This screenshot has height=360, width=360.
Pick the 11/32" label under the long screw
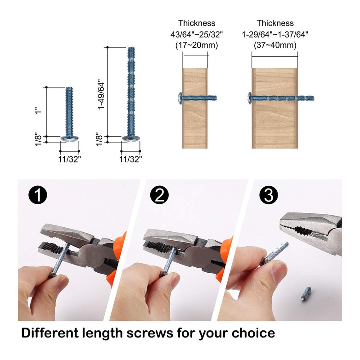tap(130, 158)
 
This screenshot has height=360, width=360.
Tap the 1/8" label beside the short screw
tap(39, 138)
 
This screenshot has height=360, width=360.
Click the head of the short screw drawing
tap(70, 137)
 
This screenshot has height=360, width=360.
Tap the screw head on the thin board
tap(180, 97)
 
